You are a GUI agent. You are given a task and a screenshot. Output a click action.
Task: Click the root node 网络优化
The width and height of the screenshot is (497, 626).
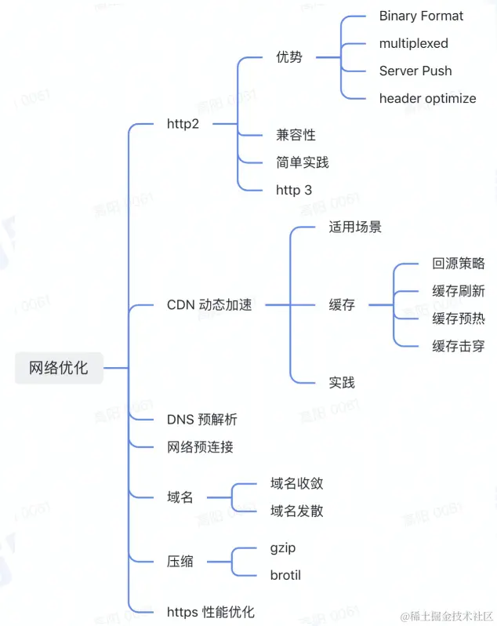pos(59,367)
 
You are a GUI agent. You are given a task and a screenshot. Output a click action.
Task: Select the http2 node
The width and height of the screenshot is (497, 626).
pos(183,123)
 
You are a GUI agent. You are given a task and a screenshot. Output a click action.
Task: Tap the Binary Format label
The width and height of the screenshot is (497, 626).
pos(421,16)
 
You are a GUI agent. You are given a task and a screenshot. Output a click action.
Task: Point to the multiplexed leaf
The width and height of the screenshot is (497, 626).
pos(413,43)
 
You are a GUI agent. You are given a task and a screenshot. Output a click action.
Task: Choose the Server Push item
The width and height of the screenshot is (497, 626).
pos(415,71)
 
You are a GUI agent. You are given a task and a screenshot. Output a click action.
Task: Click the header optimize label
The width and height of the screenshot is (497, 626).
pos(427,98)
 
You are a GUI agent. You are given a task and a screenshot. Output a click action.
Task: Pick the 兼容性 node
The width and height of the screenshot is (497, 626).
pos(296,135)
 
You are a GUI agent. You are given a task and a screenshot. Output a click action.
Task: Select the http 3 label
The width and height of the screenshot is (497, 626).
pos(293,190)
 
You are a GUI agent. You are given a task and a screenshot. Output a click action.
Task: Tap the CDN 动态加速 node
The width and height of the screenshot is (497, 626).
pos(209,304)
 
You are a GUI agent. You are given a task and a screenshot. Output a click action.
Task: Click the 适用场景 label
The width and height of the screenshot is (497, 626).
pos(355,227)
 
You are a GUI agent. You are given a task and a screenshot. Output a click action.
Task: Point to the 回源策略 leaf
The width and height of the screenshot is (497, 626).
pos(459,263)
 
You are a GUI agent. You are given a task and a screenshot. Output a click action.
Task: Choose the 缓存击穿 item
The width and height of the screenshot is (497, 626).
pos(459,346)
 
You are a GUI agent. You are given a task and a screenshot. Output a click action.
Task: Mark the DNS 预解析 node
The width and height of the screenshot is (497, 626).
pos(201,420)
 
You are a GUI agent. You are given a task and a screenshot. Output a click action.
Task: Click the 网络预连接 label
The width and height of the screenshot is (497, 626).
pos(200,447)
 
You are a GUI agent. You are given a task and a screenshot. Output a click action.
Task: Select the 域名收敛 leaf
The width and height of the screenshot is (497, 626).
pos(296,483)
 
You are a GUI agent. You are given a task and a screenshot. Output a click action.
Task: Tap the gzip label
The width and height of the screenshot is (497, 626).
pos(282,548)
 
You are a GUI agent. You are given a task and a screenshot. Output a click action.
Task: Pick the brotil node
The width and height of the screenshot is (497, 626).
pos(285,575)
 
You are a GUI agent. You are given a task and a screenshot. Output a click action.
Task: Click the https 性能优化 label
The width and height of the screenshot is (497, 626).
pos(210,612)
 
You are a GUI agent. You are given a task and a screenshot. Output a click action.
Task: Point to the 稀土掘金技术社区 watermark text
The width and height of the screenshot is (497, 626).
pos(447,615)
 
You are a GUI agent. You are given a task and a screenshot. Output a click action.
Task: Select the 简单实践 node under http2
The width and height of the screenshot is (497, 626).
pos(302,162)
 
